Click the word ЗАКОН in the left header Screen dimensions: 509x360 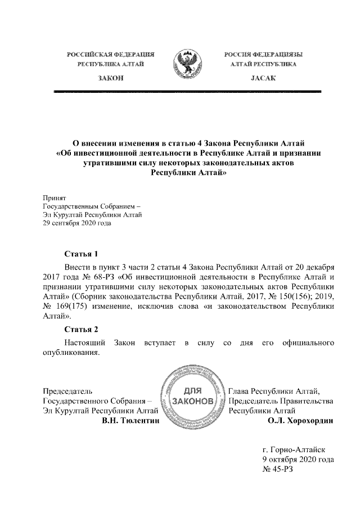click(x=111, y=77)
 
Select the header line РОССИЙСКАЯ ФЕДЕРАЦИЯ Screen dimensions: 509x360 click(x=111, y=55)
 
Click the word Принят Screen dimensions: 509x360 click(x=55, y=199)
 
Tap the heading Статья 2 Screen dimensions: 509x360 click(x=81, y=329)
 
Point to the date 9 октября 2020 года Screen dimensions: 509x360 click(x=298, y=460)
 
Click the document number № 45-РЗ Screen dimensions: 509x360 click(x=278, y=470)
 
